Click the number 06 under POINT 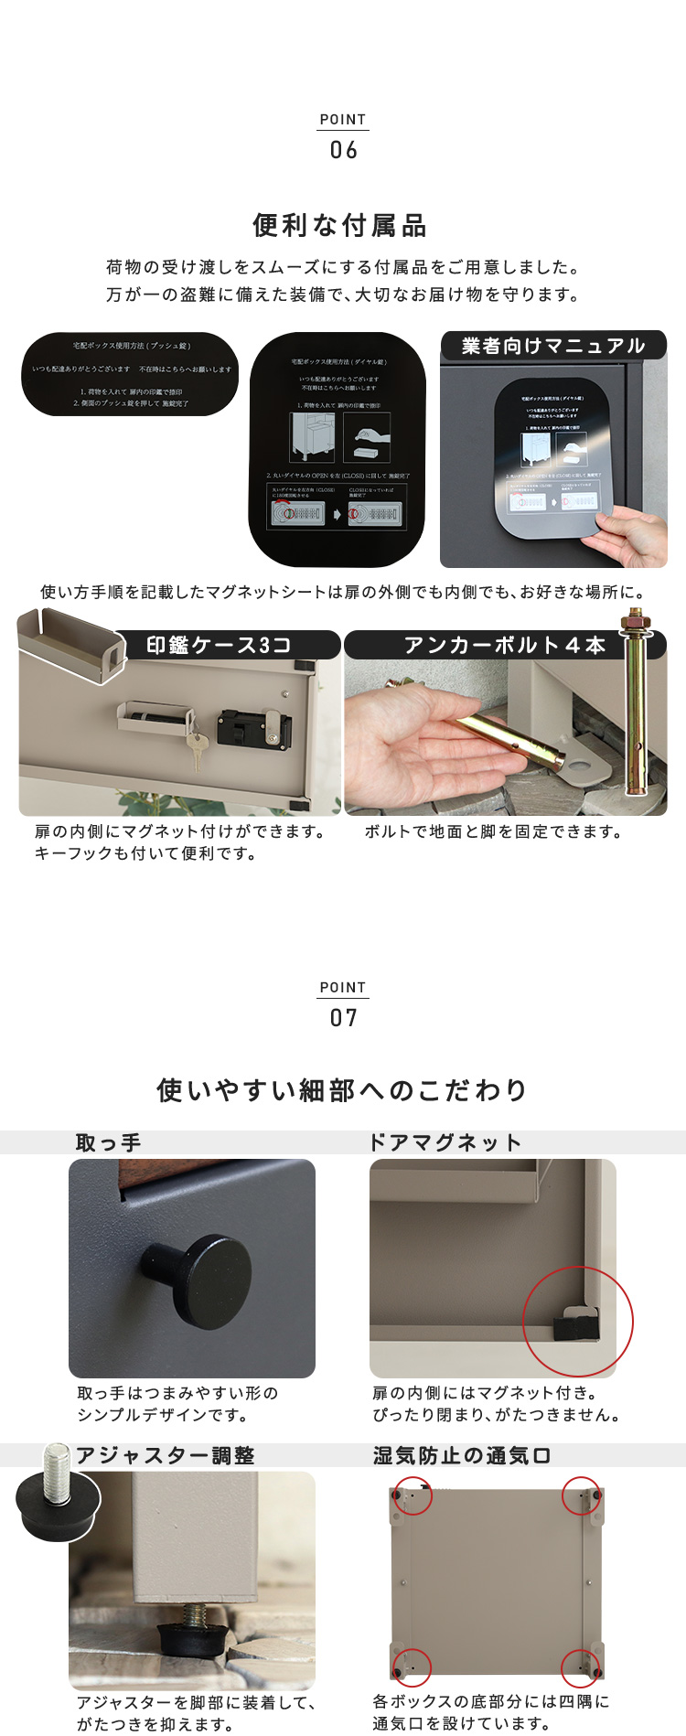point(343,150)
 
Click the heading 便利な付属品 point(340,225)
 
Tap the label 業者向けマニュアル point(553,346)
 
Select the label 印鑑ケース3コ point(220,645)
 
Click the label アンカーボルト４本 point(505,645)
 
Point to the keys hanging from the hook point(196,745)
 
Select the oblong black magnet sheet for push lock point(130,374)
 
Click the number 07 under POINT point(343,1018)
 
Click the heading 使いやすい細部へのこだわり point(343,1090)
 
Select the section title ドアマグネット point(445,1142)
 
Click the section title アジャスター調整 point(166,1455)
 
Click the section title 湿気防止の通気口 point(462,1455)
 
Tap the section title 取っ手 point(108,1142)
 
